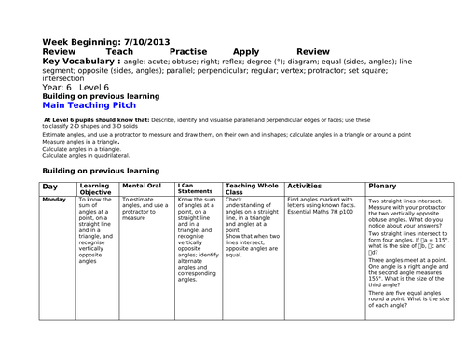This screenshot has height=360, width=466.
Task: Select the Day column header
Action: click(x=50, y=187)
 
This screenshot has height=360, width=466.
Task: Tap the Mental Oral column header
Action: click(x=142, y=187)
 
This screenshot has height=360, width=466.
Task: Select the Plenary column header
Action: click(x=382, y=187)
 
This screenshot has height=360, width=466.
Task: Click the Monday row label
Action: click(x=54, y=200)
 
